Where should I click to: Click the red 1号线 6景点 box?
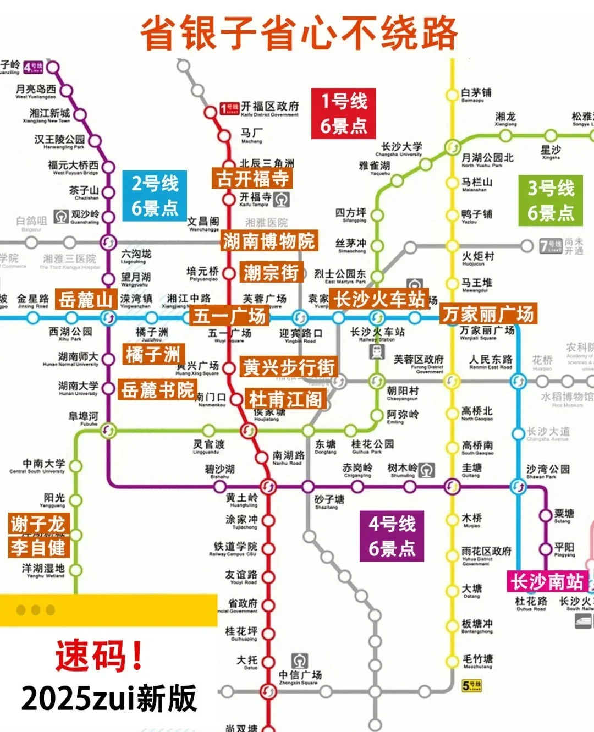click(x=343, y=113)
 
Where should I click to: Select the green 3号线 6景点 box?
click(x=550, y=201)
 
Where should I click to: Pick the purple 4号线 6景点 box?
click(x=392, y=536)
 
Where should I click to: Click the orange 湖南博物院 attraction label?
click(x=269, y=241)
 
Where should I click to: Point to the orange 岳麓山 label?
click(x=86, y=300)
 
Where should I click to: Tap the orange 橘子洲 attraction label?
click(x=153, y=355)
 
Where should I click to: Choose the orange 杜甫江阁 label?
click(x=285, y=399)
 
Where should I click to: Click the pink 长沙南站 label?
click(x=547, y=581)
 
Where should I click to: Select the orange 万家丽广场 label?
click(x=488, y=314)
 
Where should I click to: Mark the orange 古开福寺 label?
click(x=252, y=178)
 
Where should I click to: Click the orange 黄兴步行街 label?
click(x=289, y=367)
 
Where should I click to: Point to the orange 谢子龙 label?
click(x=37, y=524)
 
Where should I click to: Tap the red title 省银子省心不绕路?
click(x=299, y=33)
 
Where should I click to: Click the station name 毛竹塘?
click(x=477, y=659)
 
